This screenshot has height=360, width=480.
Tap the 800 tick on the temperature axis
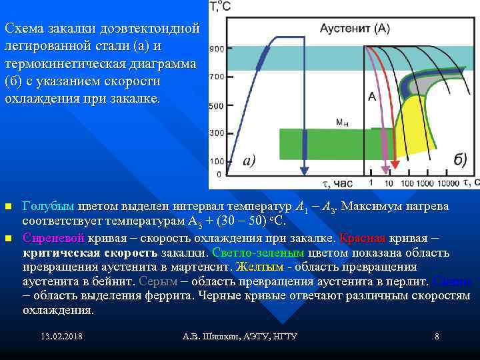[217, 49]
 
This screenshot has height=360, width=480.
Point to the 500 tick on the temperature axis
[217, 106]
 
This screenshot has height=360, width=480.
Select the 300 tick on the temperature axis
[217, 134]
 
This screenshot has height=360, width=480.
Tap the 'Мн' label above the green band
[342, 123]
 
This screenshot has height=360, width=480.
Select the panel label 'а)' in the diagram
[249, 160]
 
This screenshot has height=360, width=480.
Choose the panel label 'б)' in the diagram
[459, 160]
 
